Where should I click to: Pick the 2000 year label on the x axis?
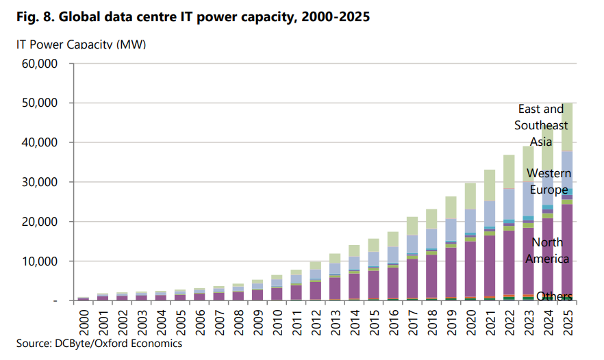(x=83, y=320)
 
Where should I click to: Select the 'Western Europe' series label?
(x=549, y=181)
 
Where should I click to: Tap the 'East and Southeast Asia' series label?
(x=541, y=125)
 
